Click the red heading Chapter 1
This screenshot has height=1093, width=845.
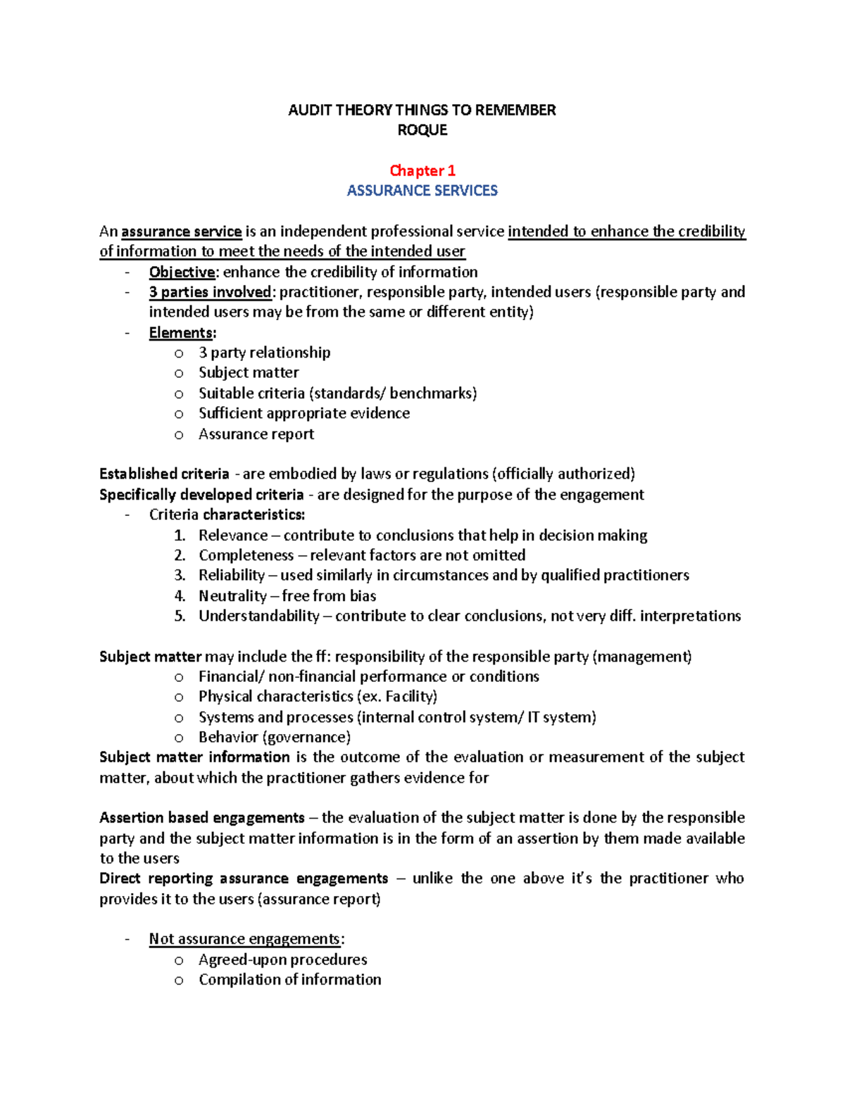coord(423,170)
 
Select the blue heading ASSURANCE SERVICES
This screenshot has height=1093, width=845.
coord(423,191)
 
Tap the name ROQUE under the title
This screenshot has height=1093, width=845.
coord(423,130)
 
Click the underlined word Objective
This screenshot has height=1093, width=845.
coord(182,272)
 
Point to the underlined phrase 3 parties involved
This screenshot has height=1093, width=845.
coord(210,292)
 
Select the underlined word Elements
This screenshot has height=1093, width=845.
coord(181,333)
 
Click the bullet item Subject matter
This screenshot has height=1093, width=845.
coord(249,373)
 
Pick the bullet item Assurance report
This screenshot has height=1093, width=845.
coord(256,434)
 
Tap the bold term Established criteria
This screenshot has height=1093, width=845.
coord(164,474)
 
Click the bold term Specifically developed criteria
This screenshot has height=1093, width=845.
coord(201,495)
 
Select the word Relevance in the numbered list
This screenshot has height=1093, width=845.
coord(233,536)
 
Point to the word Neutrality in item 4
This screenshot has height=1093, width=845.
coord(232,596)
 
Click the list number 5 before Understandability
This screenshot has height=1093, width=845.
coord(180,617)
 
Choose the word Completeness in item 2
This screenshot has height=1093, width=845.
coord(246,555)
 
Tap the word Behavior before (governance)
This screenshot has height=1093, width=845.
coord(228,738)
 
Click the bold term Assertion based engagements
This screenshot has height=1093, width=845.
coord(202,818)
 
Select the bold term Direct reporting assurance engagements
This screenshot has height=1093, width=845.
coord(244,879)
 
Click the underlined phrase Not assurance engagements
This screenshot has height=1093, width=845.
coord(244,940)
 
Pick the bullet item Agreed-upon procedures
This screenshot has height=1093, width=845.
coord(282,960)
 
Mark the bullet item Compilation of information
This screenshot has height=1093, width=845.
coord(289,980)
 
